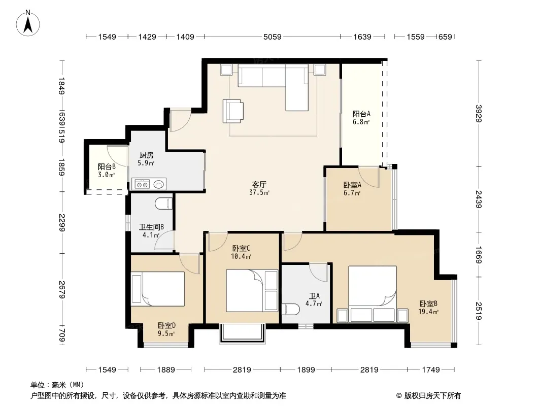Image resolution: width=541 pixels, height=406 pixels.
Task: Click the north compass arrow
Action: pos(28,25)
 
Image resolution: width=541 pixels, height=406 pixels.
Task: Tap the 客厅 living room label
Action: pos(259,185)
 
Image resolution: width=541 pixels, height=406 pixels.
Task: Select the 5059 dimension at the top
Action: pos(272,37)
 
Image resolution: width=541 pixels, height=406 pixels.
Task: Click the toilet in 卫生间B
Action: pos(163,204)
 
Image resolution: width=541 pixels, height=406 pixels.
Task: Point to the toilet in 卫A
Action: pos(290,310)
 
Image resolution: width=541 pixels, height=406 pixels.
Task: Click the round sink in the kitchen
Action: pos(159,185)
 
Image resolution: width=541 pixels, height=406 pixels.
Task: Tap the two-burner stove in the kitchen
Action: pos(142,185)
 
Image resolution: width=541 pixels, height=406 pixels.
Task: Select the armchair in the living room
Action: pos(232,111)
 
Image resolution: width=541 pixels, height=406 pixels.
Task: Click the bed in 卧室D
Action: pos(158,289)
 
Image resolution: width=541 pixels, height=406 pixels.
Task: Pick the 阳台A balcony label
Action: pos(361,114)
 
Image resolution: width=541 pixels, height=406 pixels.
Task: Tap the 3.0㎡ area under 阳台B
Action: pos(106,175)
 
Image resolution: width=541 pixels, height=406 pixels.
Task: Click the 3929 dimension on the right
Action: pos(478,114)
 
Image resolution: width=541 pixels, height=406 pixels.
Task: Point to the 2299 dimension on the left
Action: pos(62,223)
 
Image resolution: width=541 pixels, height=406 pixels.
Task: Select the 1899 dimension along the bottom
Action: pos(306,370)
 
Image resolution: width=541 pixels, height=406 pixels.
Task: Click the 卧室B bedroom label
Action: pos(428,304)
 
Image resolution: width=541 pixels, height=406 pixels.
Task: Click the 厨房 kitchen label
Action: pos(146,155)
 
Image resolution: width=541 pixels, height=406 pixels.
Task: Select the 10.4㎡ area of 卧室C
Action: pos(241,256)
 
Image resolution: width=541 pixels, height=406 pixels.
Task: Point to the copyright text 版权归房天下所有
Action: pos(432,396)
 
